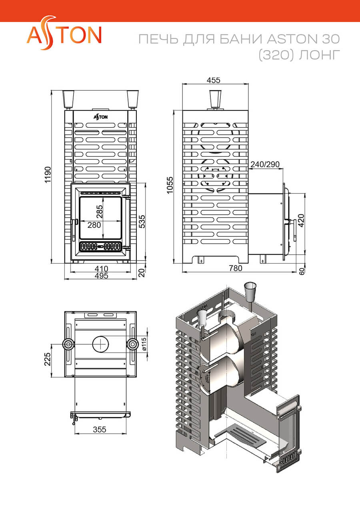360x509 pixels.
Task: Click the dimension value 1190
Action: (48, 175)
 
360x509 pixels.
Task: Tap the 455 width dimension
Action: (214, 80)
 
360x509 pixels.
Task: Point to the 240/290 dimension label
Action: (265, 164)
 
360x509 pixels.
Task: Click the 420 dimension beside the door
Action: (301, 220)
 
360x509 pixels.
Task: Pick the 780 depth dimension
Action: (236, 268)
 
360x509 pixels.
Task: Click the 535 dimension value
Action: (142, 222)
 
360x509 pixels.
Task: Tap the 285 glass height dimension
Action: (99, 212)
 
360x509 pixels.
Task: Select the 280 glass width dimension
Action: (94, 225)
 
